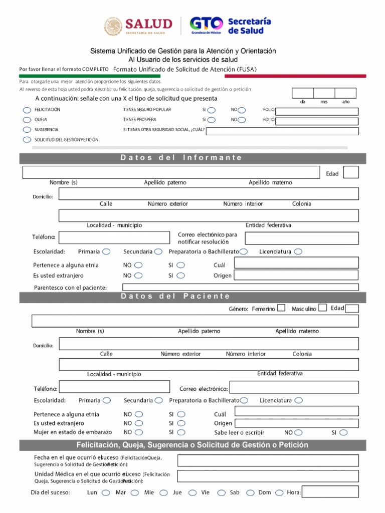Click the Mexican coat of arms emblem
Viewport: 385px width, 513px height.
[113, 27]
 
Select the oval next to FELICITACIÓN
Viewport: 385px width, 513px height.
[27, 110]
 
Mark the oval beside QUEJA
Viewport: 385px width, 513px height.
[27, 120]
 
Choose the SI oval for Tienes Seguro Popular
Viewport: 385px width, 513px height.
[212, 110]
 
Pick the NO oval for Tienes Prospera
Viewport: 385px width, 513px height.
[242, 120]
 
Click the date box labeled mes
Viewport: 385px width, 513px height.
[324, 93]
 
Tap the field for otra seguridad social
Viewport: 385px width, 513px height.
[282, 131]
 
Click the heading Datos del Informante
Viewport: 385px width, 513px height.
[181, 158]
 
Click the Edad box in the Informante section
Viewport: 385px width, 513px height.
[351, 173]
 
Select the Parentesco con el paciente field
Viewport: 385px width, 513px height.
[240, 287]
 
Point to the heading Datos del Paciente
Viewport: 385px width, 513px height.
[175, 297]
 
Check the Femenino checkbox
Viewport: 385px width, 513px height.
[281, 308]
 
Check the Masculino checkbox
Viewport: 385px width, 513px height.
[323, 308]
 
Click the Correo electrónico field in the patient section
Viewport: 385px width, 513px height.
[294, 387]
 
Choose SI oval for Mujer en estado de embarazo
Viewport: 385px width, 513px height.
[181, 432]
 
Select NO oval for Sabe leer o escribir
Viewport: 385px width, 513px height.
[299, 432]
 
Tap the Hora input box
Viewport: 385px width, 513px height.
[330, 492]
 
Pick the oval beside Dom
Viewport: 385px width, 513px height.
[279, 492]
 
